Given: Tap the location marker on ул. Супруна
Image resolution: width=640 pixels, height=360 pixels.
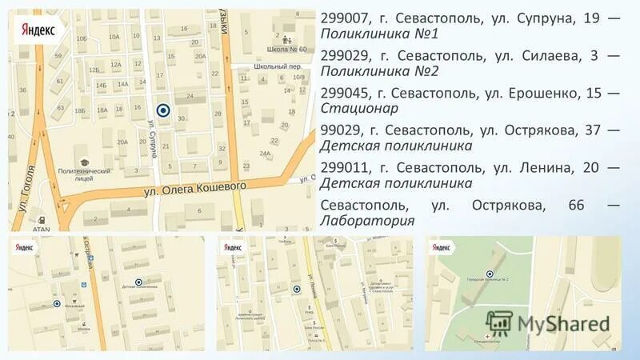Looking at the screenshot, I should [x=163, y=110].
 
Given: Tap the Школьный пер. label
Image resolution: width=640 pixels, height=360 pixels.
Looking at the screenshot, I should [x=276, y=67].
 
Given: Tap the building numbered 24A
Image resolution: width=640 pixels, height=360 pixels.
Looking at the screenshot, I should [x=265, y=154].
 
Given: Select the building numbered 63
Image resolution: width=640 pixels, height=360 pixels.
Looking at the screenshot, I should [x=60, y=107].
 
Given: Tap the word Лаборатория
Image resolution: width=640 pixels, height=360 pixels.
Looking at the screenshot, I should [x=367, y=221].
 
